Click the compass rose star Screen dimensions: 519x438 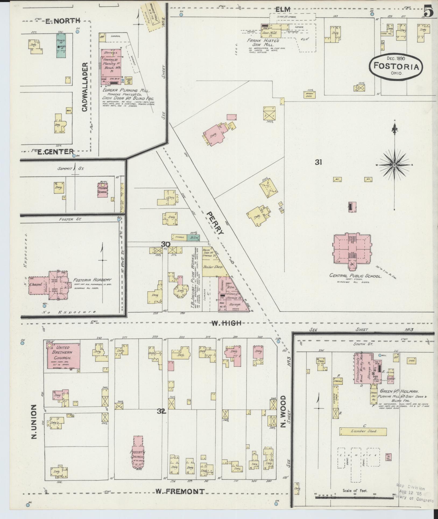[394, 165]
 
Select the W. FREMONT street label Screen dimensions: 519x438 [180, 491]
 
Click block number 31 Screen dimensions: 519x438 [318, 162]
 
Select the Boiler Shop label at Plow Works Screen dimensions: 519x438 [211, 267]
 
